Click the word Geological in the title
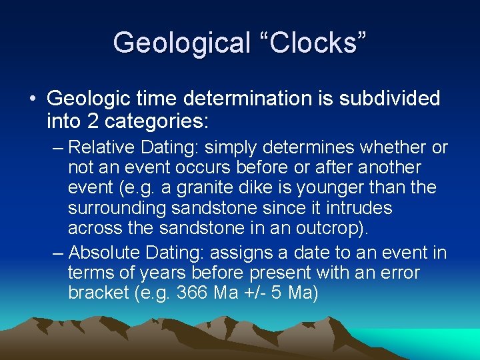point(179,43)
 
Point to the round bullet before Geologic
point(32,99)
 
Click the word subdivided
point(389,99)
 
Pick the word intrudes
point(359,208)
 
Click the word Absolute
point(102,253)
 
